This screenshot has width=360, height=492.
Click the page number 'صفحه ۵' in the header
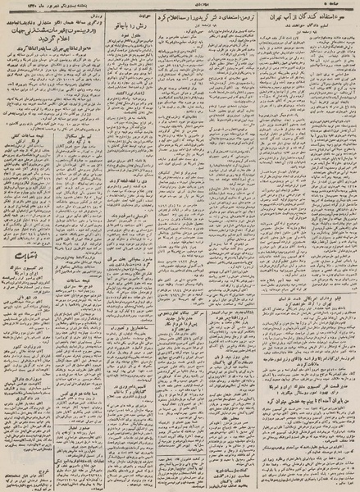pos(337,7)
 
